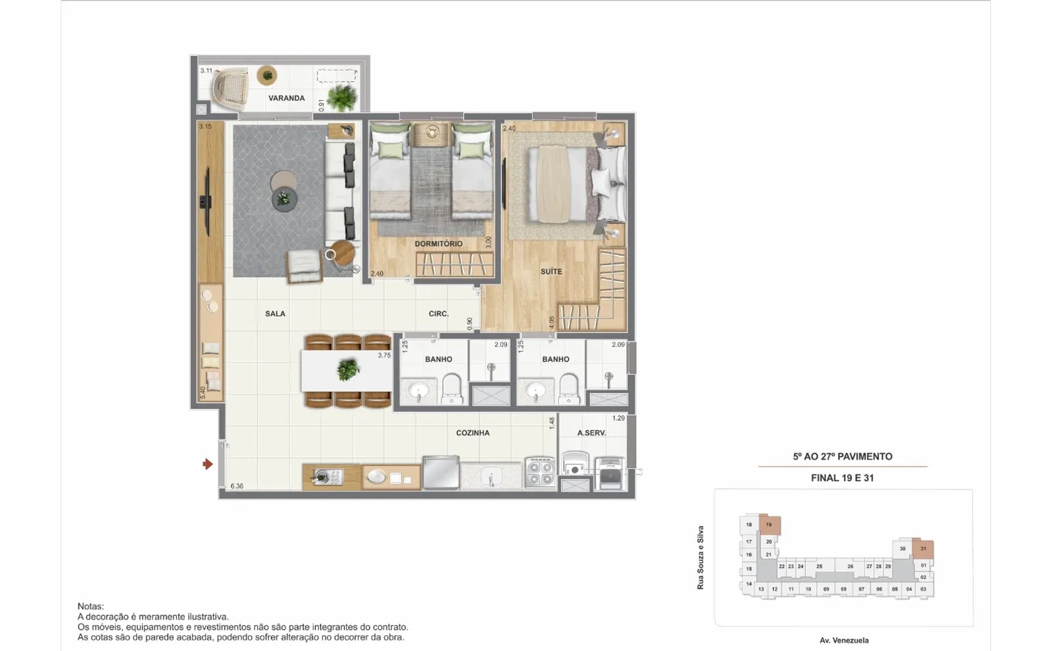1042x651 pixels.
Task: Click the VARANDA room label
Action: (x=286, y=98)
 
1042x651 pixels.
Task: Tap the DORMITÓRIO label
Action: (x=439, y=244)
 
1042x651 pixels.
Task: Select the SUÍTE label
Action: (x=551, y=271)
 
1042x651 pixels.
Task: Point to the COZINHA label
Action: (x=473, y=433)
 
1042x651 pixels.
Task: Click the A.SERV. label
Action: (x=592, y=433)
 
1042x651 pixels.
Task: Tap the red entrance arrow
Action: (x=207, y=464)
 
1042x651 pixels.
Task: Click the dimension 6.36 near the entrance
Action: (x=237, y=486)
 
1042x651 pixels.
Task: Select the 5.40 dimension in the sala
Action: (x=203, y=393)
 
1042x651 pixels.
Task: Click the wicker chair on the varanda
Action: (x=230, y=89)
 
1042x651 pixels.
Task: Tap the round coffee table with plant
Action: (x=284, y=199)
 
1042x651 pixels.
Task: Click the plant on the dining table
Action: (x=348, y=370)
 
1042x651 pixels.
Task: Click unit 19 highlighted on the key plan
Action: (x=769, y=525)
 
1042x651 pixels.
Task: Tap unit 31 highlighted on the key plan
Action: (x=923, y=549)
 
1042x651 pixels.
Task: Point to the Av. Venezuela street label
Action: (x=844, y=641)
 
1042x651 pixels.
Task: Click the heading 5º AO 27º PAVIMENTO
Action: (x=842, y=457)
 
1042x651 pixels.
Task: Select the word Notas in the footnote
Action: (x=90, y=607)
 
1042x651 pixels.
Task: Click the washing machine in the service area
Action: (x=575, y=465)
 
